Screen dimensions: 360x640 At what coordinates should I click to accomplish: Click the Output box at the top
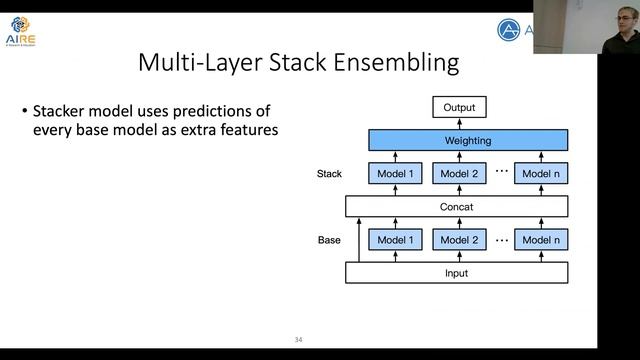point(460,108)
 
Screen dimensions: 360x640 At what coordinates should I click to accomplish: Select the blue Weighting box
point(468,141)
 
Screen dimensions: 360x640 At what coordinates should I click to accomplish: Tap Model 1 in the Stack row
point(396,174)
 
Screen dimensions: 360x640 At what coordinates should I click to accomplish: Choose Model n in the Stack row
point(543,174)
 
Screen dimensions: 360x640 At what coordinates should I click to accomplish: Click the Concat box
point(456,207)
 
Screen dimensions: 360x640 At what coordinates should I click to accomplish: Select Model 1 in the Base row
point(396,240)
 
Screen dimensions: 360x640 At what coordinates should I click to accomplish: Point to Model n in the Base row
point(543,240)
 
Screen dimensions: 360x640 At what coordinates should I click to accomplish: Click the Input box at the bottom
point(456,273)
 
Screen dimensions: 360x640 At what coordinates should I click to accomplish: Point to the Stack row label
point(329,174)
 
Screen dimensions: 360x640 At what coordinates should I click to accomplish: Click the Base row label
point(329,240)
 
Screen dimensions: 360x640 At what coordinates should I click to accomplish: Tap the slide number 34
point(298,338)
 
